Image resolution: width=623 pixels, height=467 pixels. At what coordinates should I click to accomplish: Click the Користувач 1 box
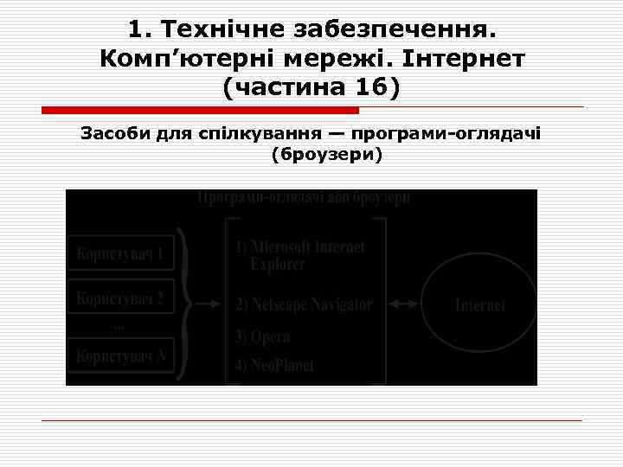[x=120, y=254]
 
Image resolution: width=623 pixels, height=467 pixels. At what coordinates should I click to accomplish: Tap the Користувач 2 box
[x=120, y=299]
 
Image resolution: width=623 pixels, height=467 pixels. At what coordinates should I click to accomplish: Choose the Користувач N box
[x=120, y=355]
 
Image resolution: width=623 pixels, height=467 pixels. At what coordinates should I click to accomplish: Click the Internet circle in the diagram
[x=479, y=305]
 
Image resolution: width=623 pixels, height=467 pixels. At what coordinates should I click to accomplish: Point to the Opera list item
[x=263, y=336]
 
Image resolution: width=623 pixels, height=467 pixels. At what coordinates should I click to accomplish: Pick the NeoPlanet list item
[x=273, y=365]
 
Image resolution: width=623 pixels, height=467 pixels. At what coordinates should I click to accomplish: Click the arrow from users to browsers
[x=204, y=304]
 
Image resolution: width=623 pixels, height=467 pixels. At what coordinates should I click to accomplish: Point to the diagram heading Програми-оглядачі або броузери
[x=304, y=198]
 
